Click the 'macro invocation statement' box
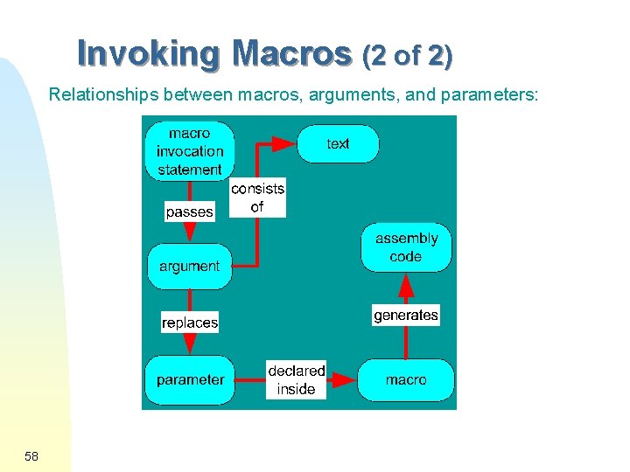pyautogui.click(x=189, y=151)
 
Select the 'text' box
pyautogui.click(x=338, y=144)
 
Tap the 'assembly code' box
pyautogui.click(x=406, y=247)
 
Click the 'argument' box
pyautogui.click(x=189, y=266)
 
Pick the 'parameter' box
pyautogui.click(x=189, y=379)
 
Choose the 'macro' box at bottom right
pyautogui.click(x=406, y=379)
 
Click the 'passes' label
pyautogui.click(x=189, y=212)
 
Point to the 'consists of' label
pyautogui.click(x=257, y=198)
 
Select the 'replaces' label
pyautogui.click(x=190, y=323)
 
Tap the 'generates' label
pyautogui.click(x=406, y=315)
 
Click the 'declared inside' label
pyautogui.click(x=296, y=380)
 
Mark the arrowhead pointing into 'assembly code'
pyautogui.click(x=406, y=285)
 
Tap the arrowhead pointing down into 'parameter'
pyautogui.click(x=189, y=345)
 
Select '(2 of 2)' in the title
pyautogui.click(x=407, y=57)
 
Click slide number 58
pyautogui.click(x=31, y=456)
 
